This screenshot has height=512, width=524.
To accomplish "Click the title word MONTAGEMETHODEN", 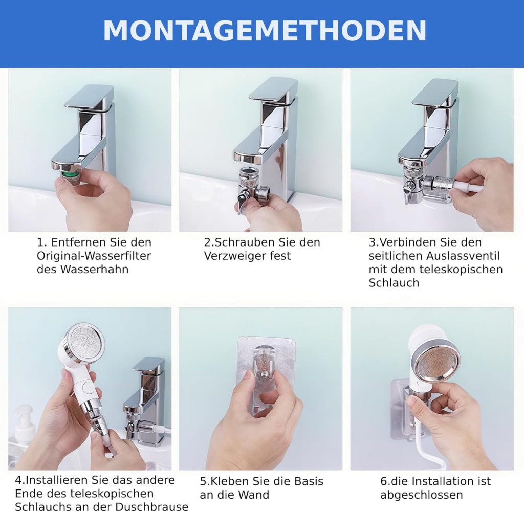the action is click(265, 30).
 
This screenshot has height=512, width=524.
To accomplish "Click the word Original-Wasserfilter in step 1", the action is click(94, 256).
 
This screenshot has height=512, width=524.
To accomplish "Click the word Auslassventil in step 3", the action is click(463, 256).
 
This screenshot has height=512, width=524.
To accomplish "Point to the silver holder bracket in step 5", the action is click(266, 374).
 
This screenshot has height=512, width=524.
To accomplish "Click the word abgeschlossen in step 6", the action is click(422, 495).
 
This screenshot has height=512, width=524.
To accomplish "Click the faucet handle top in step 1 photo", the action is click(89, 97).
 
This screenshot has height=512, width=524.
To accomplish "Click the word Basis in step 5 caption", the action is click(309, 481).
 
